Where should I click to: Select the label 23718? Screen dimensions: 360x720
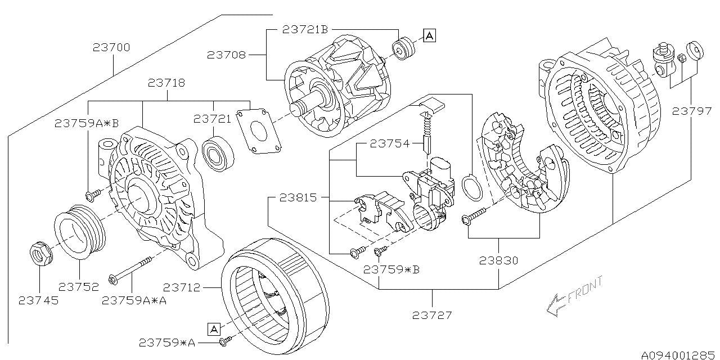166,83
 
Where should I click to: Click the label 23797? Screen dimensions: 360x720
691,111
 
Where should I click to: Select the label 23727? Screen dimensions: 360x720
433,315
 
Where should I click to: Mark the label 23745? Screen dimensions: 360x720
39,300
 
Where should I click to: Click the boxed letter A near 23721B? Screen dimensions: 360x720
429,36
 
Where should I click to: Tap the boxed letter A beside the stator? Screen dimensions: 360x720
213,328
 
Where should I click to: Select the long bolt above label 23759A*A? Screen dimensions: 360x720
133,269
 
